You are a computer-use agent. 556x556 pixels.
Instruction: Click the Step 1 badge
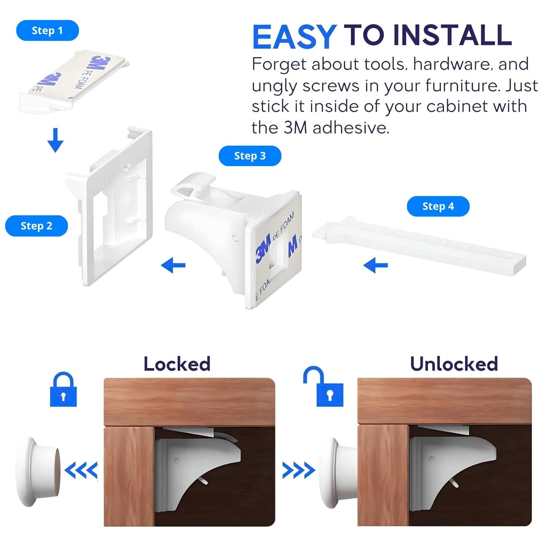click(x=47, y=30)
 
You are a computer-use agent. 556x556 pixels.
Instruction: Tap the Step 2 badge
click(x=36, y=226)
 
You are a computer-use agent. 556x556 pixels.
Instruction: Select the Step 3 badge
click(x=250, y=156)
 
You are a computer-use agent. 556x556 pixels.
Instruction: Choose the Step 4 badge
click(x=438, y=206)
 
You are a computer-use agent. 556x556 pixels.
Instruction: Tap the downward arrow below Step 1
click(x=55, y=140)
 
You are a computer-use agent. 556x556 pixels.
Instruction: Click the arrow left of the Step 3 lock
click(x=173, y=265)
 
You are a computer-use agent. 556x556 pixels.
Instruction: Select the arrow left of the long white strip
click(x=375, y=265)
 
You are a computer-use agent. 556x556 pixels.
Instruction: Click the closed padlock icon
click(x=63, y=389)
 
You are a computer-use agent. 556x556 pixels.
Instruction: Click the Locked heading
click(x=177, y=364)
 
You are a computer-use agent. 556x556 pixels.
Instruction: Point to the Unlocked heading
click(x=454, y=364)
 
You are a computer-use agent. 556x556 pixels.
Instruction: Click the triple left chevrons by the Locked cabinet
click(x=81, y=470)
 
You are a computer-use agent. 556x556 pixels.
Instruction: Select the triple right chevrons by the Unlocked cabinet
click(x=298, y=470)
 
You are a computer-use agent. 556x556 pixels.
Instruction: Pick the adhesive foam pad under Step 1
click(x=74, y=81)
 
